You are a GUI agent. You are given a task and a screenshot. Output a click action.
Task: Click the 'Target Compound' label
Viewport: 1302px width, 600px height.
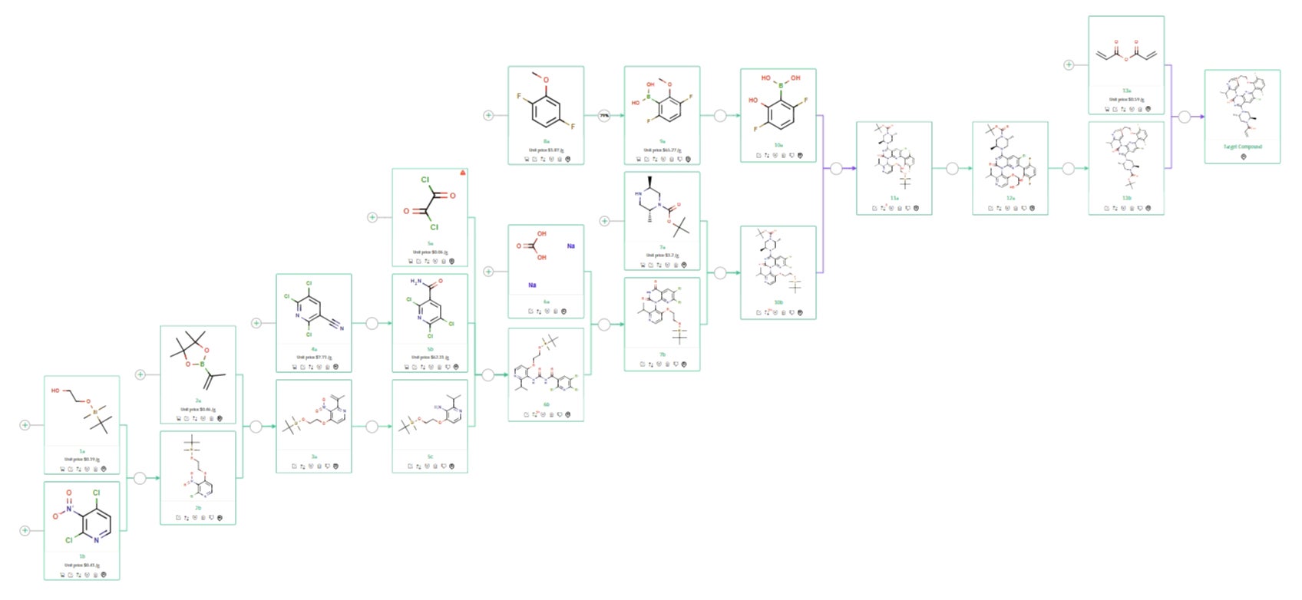1242,147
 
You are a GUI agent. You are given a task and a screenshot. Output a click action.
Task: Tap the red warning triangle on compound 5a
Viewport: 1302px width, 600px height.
462,173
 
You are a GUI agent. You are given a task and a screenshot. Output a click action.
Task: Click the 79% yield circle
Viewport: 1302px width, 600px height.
604,116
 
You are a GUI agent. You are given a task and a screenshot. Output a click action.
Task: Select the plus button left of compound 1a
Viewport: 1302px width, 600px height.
25,425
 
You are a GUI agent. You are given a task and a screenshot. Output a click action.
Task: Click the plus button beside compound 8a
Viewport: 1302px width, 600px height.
488,116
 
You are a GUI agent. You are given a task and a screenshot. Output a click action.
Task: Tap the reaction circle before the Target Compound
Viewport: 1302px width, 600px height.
1185,117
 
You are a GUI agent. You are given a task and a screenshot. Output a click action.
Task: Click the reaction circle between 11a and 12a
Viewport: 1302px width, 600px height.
952,169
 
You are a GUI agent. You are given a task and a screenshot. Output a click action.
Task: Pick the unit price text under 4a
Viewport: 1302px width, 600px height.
314,358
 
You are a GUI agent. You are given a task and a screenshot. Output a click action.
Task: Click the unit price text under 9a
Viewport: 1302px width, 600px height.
662,150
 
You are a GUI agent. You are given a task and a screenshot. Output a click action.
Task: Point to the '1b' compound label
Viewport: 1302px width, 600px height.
82,556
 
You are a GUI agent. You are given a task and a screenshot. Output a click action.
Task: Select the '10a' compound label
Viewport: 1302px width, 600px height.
778,145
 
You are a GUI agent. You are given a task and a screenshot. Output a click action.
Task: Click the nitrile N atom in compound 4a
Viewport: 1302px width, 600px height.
342,328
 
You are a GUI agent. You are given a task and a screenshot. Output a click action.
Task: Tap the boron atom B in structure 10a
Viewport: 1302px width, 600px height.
781,86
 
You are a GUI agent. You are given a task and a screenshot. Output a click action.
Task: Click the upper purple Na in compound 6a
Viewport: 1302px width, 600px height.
570,246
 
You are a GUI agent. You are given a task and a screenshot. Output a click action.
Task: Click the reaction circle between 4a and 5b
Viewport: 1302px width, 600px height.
372,324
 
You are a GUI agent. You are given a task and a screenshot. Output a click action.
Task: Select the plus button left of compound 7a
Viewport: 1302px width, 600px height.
604,221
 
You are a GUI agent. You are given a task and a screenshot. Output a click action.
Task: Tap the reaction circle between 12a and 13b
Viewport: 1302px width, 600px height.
1068,169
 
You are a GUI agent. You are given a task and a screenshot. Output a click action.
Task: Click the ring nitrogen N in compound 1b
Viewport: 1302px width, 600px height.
97,540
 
